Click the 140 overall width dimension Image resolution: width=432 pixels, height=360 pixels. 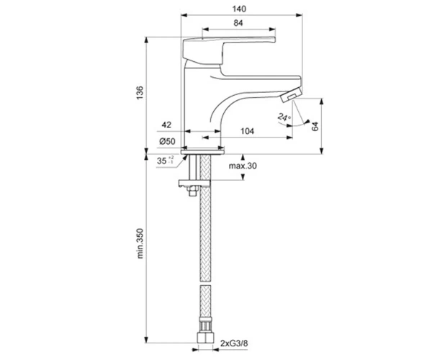[x=239, y=9]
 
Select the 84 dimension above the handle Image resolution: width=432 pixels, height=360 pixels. [x=238, y=23]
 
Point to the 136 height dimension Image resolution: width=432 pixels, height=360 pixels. [x=140, y=93]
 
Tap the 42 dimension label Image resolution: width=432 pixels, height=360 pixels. [x=166, y=125]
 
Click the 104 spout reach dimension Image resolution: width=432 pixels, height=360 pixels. [x=247, y=131]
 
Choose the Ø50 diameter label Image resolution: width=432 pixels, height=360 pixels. [x=167, y=141]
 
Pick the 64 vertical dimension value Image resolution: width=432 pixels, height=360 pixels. [x=315, y=126]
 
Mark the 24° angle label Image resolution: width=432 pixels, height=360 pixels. [x=284, y=117]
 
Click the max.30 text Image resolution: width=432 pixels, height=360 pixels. [x=243, y=166]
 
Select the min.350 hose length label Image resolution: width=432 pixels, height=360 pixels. [x=140, y=243]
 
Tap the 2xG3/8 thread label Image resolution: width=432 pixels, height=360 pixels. [x=234, y=343]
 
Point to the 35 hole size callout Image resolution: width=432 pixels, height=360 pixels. [x=166, y=161]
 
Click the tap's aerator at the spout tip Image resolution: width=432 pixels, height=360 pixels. [x=290, y=94]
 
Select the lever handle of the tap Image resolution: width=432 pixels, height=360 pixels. [x=229, y=50]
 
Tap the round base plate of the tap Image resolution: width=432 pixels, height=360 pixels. [x=203, y=152]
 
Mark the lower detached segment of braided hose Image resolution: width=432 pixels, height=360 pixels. [x=205, y=302]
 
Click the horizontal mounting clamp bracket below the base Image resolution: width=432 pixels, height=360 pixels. [x=194, y=183]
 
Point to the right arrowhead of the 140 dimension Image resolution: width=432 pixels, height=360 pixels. [x=299, y=15]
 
